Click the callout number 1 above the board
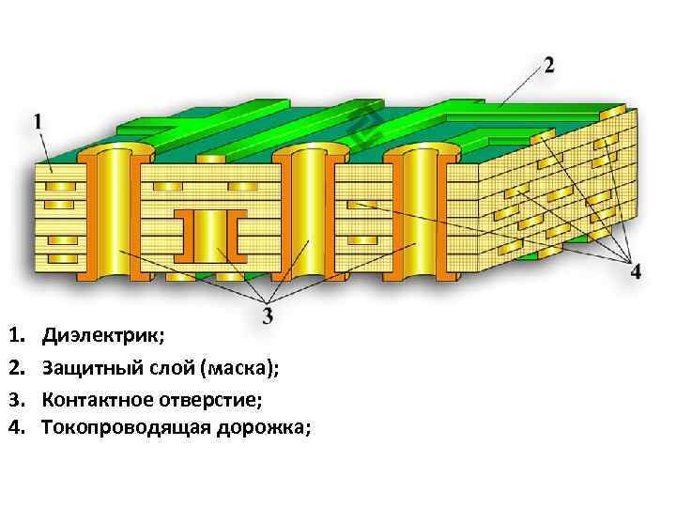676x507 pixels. click(x=38, y=121)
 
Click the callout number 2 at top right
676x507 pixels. click(x=549, y=65)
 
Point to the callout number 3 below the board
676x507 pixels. click(x=268, y=315)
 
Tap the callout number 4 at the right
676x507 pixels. click(x=636, y=271)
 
